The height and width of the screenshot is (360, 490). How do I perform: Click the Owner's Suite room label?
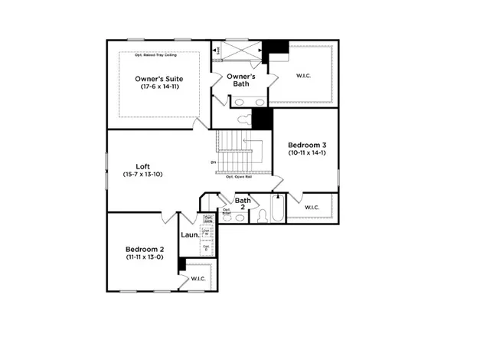click(158, 78)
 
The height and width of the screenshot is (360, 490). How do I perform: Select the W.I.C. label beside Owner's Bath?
click(304, 75)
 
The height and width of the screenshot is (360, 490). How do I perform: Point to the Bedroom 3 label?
click(307, 145)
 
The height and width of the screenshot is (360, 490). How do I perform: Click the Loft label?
click(143, 166)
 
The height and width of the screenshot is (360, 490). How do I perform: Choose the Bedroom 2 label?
click(145, 249)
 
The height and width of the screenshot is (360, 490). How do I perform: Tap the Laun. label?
click(190, 235)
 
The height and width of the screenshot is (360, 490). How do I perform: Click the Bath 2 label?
click(243, 204)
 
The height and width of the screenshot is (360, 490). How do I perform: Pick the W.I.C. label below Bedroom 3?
click(312, 208)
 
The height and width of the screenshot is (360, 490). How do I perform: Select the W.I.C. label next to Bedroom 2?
click(198, 278)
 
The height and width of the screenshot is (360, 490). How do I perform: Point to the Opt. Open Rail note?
click(240, 177)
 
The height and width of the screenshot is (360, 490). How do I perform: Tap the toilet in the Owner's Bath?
click(245, 119)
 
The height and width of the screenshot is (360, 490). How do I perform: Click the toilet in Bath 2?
click(261, 217)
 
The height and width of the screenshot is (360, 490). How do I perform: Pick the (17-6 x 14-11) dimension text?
click(158, 87)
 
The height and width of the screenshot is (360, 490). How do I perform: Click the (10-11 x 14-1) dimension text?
click(307, 153)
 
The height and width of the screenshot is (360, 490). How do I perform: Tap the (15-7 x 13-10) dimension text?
click(143, 175)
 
